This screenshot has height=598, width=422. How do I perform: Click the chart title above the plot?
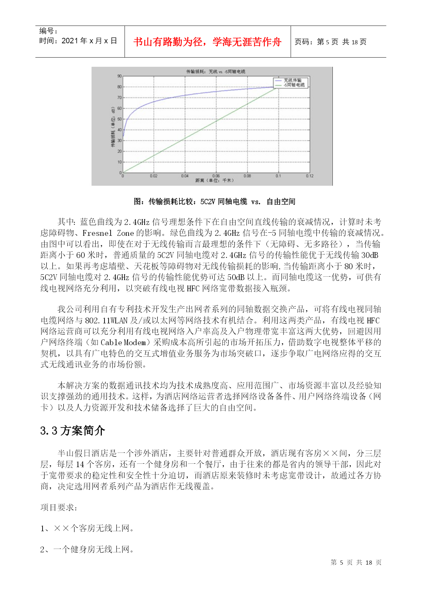215,72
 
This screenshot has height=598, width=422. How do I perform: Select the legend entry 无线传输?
292,80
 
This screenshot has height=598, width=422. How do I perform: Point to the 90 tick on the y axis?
119,76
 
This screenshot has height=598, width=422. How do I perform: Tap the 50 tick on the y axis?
119,119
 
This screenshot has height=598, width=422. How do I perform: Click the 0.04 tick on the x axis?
184,176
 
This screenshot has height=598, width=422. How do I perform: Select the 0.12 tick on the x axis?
309,176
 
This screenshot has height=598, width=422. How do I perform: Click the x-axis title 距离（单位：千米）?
215,180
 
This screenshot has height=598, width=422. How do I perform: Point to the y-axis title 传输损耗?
113,127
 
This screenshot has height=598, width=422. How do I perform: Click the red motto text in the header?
207,42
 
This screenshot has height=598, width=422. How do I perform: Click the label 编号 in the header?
48,31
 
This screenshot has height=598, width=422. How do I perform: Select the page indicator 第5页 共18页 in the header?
330,42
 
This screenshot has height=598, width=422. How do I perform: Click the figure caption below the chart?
214,201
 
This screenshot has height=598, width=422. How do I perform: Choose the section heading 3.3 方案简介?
72,430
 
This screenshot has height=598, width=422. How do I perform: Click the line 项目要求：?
59,507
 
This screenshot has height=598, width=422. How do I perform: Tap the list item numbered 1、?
87,528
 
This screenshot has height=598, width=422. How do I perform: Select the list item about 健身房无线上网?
87,549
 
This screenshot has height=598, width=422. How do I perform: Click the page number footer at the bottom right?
356,562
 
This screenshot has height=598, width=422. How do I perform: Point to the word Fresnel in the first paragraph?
97,233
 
